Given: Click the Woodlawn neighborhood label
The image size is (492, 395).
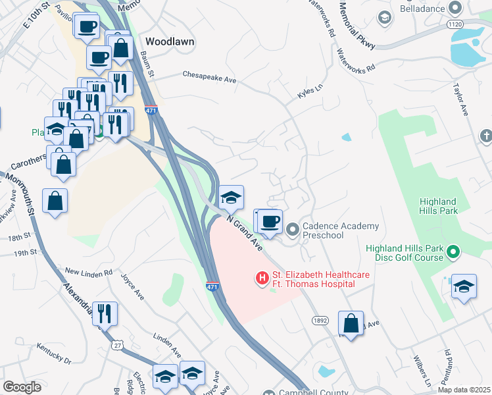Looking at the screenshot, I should tap(170, 41).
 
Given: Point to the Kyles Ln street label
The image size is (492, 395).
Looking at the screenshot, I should tap(311, 92).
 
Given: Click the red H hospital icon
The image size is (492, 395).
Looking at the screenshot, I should tap(262, 278).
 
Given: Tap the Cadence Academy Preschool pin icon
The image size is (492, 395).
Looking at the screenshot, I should tap(293, 230).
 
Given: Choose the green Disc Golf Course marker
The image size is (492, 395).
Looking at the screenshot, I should tap(453, 252).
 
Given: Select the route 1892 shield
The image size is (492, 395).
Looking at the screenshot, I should tap(320, 319).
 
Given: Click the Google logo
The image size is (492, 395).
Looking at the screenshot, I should tap(22, 387).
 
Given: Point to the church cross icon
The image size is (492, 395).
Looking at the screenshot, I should tap(485, 136).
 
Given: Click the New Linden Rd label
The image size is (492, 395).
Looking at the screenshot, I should tap(89, 272).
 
